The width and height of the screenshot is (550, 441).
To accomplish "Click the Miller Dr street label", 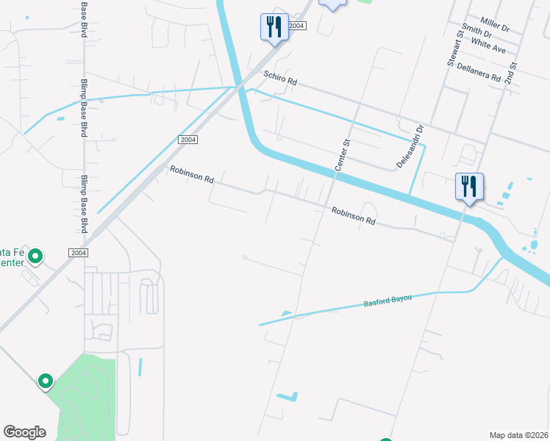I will [x=494, y=26].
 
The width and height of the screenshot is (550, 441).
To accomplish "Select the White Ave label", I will [x=489, y=46].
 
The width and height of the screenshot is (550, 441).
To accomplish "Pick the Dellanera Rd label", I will [x=478, y=71].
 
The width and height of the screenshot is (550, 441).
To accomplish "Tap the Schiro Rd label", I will [x=280, y=78].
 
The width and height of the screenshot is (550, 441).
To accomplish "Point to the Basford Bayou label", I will [x=387, y=301].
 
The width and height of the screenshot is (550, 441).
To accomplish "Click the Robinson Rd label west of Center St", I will [x=191, y=174].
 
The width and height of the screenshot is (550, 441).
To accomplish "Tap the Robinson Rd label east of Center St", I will [x=353, y=215].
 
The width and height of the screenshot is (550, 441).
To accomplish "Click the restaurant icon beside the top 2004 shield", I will [x=273, y=28].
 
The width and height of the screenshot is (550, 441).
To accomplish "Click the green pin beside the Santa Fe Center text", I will [x=35, y=257].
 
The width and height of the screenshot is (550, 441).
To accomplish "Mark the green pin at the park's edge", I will [x=46, y=381].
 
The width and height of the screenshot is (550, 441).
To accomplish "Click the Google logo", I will [x=24, y=432].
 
